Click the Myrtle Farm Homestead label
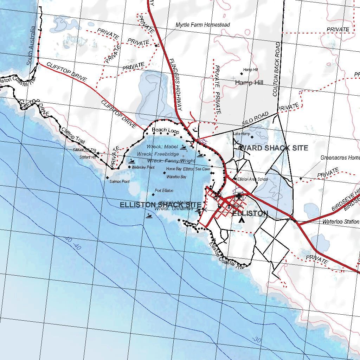(202, 25)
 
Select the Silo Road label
(255, 119)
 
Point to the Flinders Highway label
(175, 84)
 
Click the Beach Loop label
(165, 130)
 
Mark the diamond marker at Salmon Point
(108, 178)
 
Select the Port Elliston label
(164, 191)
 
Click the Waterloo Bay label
(176, 177)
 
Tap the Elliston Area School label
(252, 179)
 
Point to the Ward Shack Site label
(274, 148)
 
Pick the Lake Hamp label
(242, 134)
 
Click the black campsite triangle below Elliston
(241, 220)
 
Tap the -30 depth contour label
(256, 340)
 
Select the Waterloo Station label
(341, 222)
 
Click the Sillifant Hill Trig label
(84, 150)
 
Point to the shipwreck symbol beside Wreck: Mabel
(183, 148)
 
